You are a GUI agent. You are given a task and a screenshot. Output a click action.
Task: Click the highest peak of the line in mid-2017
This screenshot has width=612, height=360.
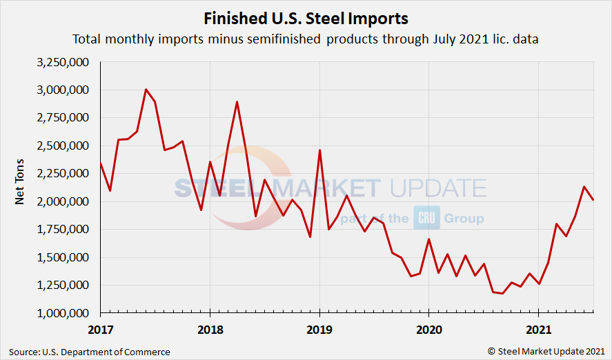[x=146, y=89]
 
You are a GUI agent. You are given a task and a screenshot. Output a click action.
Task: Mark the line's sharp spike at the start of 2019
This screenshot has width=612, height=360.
[x=319, y=150]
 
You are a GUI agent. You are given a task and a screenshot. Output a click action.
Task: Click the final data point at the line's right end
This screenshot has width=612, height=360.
[x=594, y=199]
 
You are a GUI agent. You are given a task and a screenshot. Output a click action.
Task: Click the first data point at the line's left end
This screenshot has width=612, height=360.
[x=100, y=163]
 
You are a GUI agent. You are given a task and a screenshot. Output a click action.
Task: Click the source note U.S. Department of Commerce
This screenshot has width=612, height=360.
[x=90, y=352]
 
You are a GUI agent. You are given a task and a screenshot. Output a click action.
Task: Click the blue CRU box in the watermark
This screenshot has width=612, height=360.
[x=426, y=218]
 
